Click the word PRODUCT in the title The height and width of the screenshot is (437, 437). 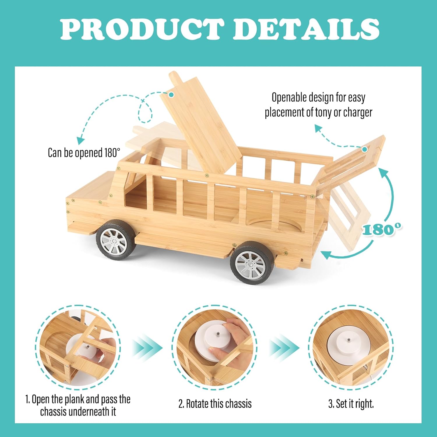point(142,29)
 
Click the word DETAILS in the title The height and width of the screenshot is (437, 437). point(306,29)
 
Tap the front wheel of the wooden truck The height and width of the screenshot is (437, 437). point(116,240)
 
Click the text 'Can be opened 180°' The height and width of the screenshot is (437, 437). point(84,153)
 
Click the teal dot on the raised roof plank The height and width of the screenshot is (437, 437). point(171,94)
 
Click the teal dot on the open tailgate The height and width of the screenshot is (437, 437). point(364,149)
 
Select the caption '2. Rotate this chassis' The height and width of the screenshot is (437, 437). point(215,404)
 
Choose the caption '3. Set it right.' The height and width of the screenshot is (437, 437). point(351,404)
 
